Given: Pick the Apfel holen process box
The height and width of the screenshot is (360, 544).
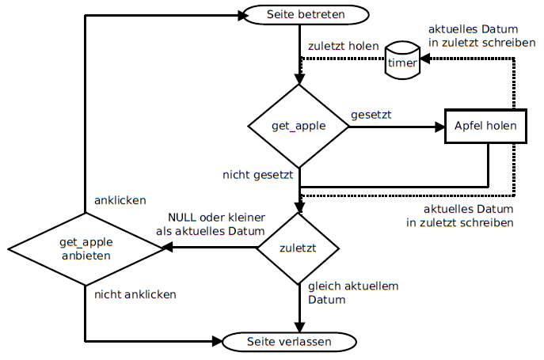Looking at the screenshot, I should coord(485,126).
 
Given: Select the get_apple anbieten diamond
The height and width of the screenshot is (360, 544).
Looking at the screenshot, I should coord(85,248).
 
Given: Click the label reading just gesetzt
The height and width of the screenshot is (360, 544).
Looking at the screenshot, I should coord(371,115).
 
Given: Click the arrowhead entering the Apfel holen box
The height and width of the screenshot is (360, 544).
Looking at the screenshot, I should coord(439,126).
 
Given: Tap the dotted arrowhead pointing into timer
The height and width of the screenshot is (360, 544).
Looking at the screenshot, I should coord(424,59).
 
